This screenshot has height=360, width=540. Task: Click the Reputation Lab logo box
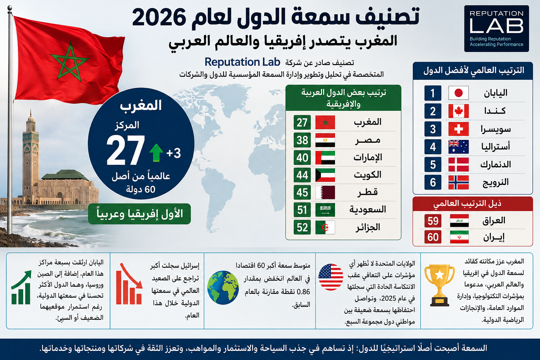(496, 28)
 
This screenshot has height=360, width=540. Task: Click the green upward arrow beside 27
(156, 153)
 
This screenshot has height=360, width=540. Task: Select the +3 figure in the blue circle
(174, 153)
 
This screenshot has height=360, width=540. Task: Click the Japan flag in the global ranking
(458, 93)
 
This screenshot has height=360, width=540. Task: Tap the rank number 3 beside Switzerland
(433, 129)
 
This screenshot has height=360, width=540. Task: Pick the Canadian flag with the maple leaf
(458, 111)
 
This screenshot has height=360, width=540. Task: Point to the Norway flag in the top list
(458, 182)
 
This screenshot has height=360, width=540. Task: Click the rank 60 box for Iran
(433, 237)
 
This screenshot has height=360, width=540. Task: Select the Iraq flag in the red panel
(459, 221)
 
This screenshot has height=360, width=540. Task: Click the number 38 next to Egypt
(302, 140)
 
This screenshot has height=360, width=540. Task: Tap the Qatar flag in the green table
(325, 192)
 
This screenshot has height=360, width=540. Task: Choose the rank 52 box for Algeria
(302, 227)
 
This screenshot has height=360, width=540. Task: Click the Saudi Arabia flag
(325, 210)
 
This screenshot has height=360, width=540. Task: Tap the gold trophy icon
(439, 285)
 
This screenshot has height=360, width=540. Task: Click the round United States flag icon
(331, 277)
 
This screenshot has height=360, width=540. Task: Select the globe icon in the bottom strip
(223, 288)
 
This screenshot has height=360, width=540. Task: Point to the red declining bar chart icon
(129, 284)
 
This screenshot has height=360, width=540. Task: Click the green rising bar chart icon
(21, 287)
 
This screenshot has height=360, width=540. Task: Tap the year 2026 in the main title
(159, 17)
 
